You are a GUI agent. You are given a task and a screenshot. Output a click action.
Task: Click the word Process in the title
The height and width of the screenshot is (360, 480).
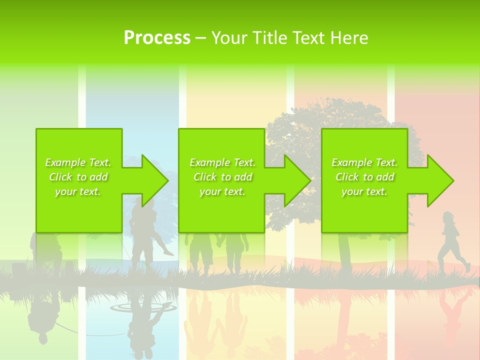[x=157, y=38]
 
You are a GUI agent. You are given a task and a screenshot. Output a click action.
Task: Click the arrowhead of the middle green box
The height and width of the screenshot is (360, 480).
[x=296, y=180]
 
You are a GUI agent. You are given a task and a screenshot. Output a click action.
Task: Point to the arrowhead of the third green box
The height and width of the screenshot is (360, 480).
[x=439, y=180]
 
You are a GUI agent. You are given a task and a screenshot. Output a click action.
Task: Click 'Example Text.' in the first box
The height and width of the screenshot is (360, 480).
[x=78, y=162]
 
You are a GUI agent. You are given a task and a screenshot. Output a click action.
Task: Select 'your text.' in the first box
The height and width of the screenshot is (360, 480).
[x=78, y=191]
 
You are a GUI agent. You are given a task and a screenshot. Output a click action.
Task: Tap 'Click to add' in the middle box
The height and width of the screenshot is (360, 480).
[x=222, y=177]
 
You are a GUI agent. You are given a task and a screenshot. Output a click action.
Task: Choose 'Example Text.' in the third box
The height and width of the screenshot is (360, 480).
[x=364, y=162]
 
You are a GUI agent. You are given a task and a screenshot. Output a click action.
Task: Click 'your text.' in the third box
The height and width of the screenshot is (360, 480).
[x=364, y=191]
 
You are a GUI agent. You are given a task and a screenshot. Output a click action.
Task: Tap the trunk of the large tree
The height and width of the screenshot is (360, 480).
[x=344, y=250]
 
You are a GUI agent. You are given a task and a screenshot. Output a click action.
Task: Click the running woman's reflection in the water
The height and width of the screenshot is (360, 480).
[x=452, y=310]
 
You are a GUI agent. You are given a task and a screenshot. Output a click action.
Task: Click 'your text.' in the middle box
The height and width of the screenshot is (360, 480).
[x=222, y=191]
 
